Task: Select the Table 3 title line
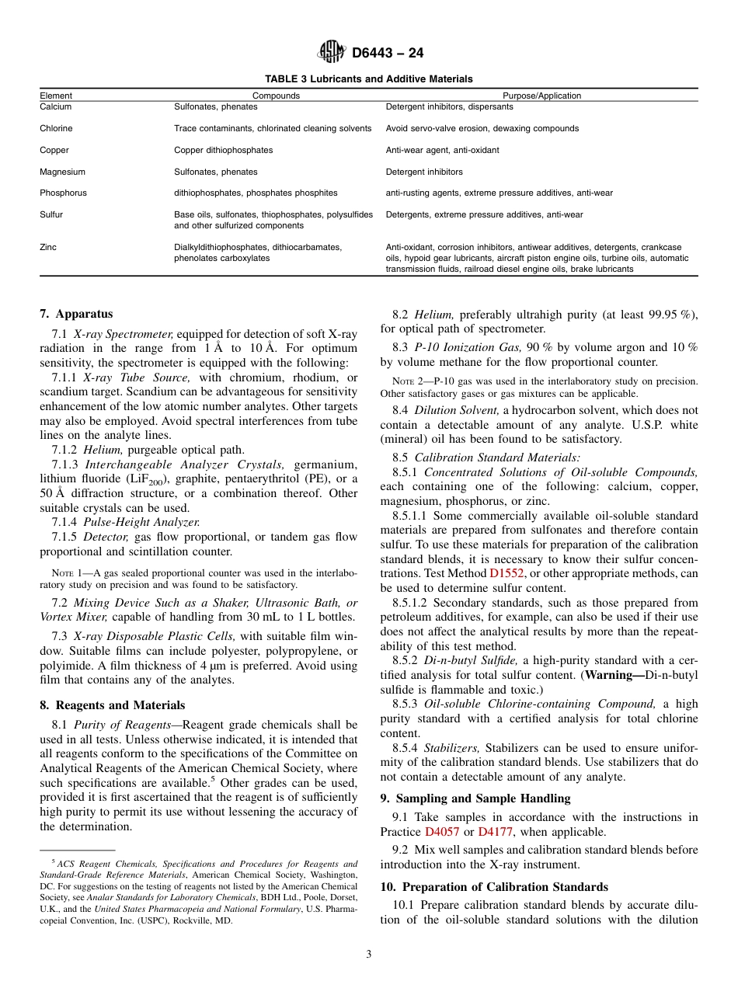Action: [x=368, y=79]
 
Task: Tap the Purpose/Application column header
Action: [x=541, y=96]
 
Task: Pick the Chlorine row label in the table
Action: [x=56, y=128]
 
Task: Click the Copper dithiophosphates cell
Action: [x=223, y=150]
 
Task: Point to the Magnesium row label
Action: [x=62, y=172]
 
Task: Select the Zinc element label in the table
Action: [x=48, y=247]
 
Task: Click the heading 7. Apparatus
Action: [x=76, y=314]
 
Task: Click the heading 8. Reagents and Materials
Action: [x=112, y=705]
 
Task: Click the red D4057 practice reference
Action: [x=442, y=831]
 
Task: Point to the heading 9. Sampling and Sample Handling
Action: [x=475, y=798]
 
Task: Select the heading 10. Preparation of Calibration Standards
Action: [x=493, y=887]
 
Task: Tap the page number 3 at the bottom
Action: [x=368, y=955]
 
